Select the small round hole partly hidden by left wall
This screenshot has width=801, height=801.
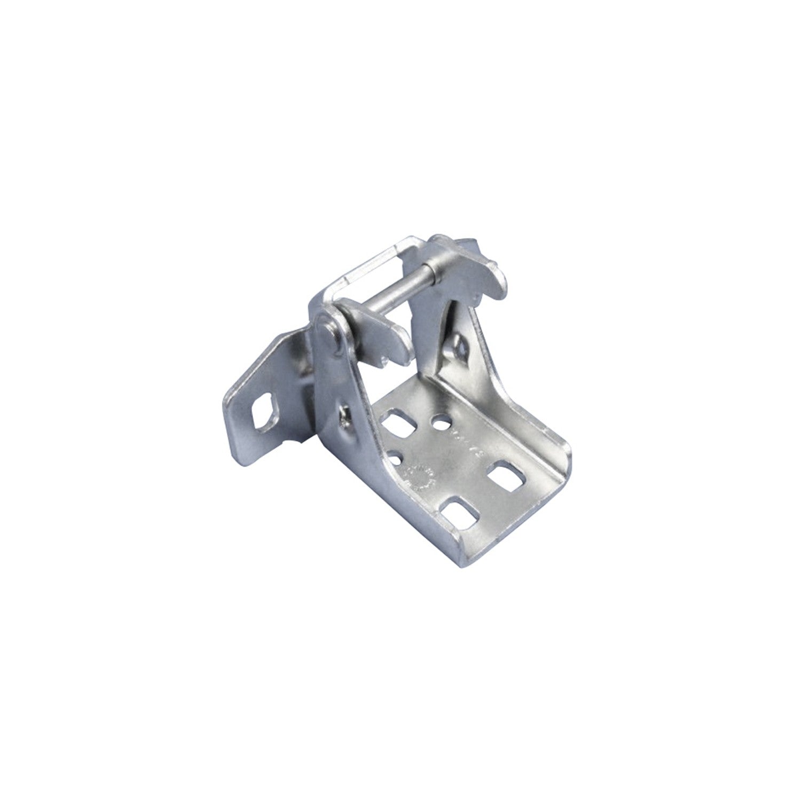[396, 457]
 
